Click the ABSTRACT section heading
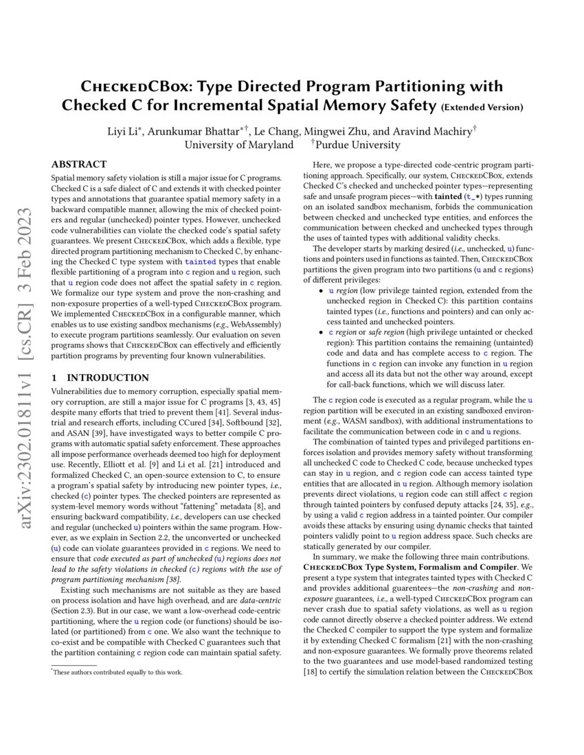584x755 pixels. click(79, 164)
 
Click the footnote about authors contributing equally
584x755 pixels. click(117, 673)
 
